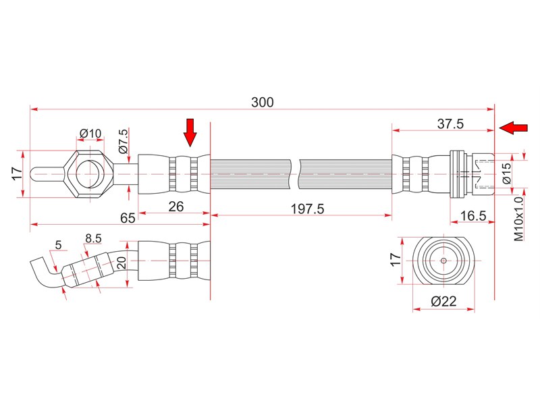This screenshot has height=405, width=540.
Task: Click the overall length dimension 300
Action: point(263,103)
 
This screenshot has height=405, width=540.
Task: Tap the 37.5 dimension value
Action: point(450,124)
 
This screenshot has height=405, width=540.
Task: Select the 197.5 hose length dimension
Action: point(308,209)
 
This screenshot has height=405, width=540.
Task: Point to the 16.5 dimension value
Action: point(473,216)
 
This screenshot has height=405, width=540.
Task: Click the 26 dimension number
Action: point(176,207)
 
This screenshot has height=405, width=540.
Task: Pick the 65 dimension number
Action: point(128,218)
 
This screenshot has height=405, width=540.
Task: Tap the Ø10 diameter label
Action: point(90,133)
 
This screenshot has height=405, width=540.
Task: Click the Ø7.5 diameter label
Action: point(123,140)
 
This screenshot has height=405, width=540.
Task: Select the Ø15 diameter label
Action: point(507,173)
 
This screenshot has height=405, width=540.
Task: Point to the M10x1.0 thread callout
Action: point(518,219)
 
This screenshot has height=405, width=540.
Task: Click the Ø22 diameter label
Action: point(443,301)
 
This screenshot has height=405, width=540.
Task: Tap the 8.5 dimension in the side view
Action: point(93,238)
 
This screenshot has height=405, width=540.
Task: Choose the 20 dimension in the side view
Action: point(122,263)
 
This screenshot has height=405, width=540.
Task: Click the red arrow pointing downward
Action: point(190,132)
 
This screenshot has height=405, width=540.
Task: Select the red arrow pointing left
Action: point(514,128)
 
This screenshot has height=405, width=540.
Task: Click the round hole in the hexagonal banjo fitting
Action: point(90,174)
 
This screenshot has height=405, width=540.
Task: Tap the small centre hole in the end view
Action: point(443,261)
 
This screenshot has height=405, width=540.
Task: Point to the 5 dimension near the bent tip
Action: point(58,245)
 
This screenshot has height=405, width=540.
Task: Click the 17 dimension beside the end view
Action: point(396,259)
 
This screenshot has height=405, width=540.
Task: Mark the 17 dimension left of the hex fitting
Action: point(18,173)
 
